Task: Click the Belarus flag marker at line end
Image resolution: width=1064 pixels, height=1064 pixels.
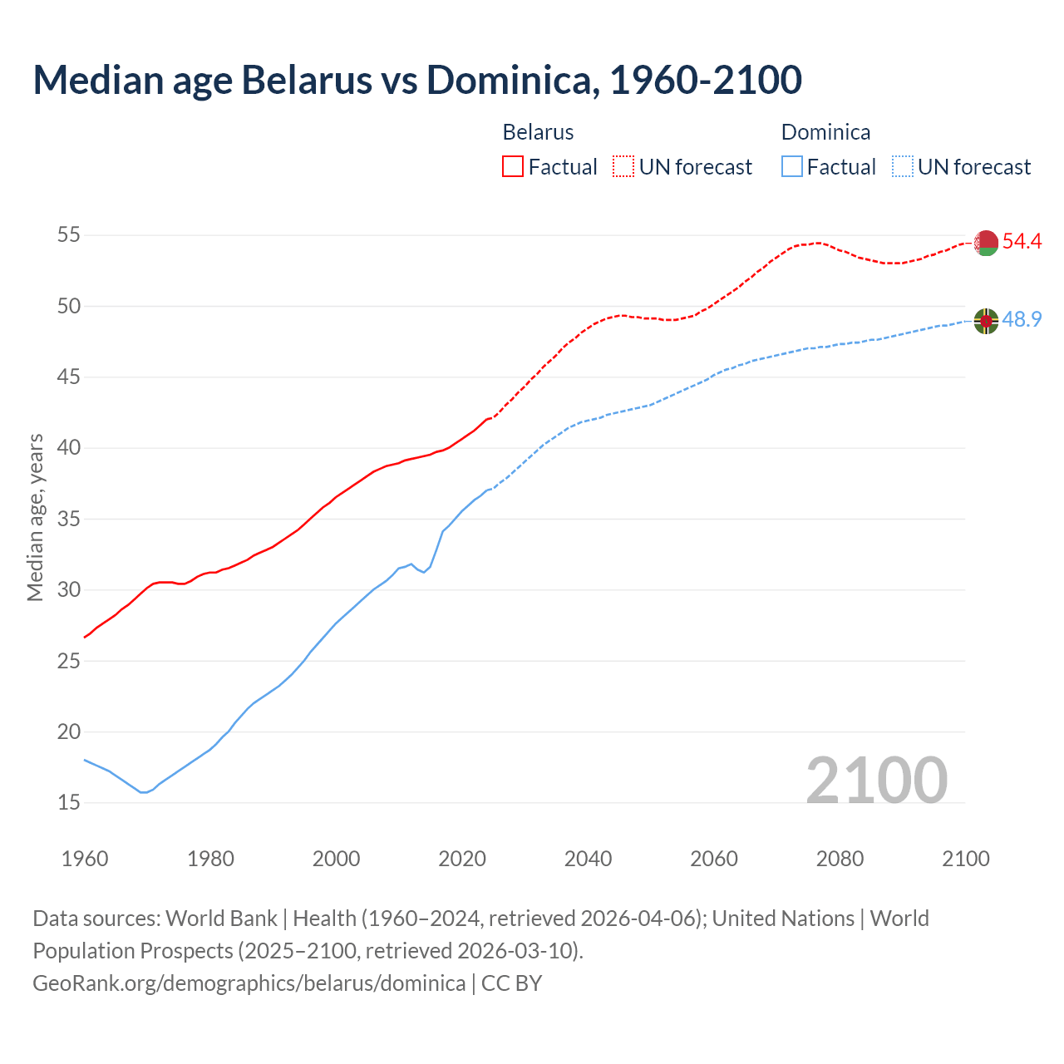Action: point(986,243)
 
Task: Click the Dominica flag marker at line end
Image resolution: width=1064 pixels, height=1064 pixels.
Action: point(986,320)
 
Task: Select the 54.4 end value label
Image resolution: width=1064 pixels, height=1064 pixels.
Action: point(1022,242)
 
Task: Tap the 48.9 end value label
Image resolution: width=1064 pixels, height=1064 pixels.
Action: point(1022,319)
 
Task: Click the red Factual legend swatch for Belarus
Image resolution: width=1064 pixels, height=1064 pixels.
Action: point(513,167)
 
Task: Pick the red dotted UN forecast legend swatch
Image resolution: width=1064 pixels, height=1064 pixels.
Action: point(623,167)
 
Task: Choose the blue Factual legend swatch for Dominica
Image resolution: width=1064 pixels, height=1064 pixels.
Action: point(792,167)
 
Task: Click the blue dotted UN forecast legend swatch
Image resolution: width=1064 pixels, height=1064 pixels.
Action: point(902,167)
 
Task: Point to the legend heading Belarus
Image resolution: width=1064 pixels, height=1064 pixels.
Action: point(538,132)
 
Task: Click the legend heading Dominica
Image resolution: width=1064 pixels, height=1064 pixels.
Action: point(825,132)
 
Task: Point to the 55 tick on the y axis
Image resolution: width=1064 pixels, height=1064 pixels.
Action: point(68,235)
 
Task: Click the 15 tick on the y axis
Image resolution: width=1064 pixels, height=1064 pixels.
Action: point(68,803)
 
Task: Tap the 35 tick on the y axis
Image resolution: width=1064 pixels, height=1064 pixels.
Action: point(68,520)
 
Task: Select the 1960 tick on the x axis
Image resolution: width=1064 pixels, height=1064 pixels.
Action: point(85,859)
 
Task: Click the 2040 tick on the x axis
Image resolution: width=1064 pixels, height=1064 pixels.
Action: point(588,859)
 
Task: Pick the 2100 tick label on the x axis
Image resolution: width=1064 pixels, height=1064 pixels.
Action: point(965,859)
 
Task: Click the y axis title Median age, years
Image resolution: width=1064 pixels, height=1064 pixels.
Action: point(35,517)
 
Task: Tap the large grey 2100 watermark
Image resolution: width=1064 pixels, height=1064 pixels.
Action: point(876,780)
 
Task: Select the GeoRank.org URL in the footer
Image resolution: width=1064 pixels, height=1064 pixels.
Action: point(249,983)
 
